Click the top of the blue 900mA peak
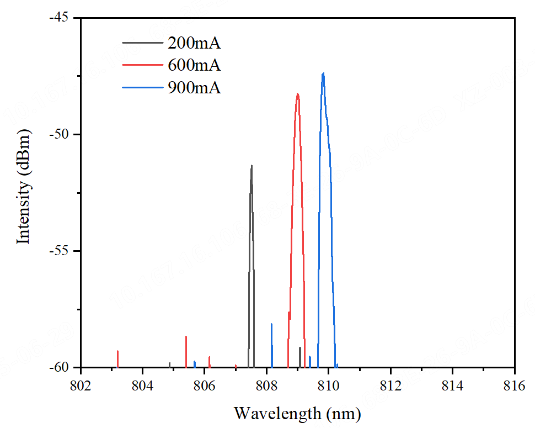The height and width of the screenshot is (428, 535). pyautogui.click(x=323, y=73)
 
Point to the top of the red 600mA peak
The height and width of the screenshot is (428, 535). pyautogui.click(x=298, y=94)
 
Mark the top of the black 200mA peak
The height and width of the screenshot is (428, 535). pyautogui.click(x=252, y=166)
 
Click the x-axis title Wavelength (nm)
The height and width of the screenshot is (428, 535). pyautogui.click(x=297, y=413)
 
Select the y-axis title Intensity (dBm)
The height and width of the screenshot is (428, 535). pyautogui.click(x=23, y=186)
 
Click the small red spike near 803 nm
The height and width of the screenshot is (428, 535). pyautogui.click(x=117, y=358)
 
